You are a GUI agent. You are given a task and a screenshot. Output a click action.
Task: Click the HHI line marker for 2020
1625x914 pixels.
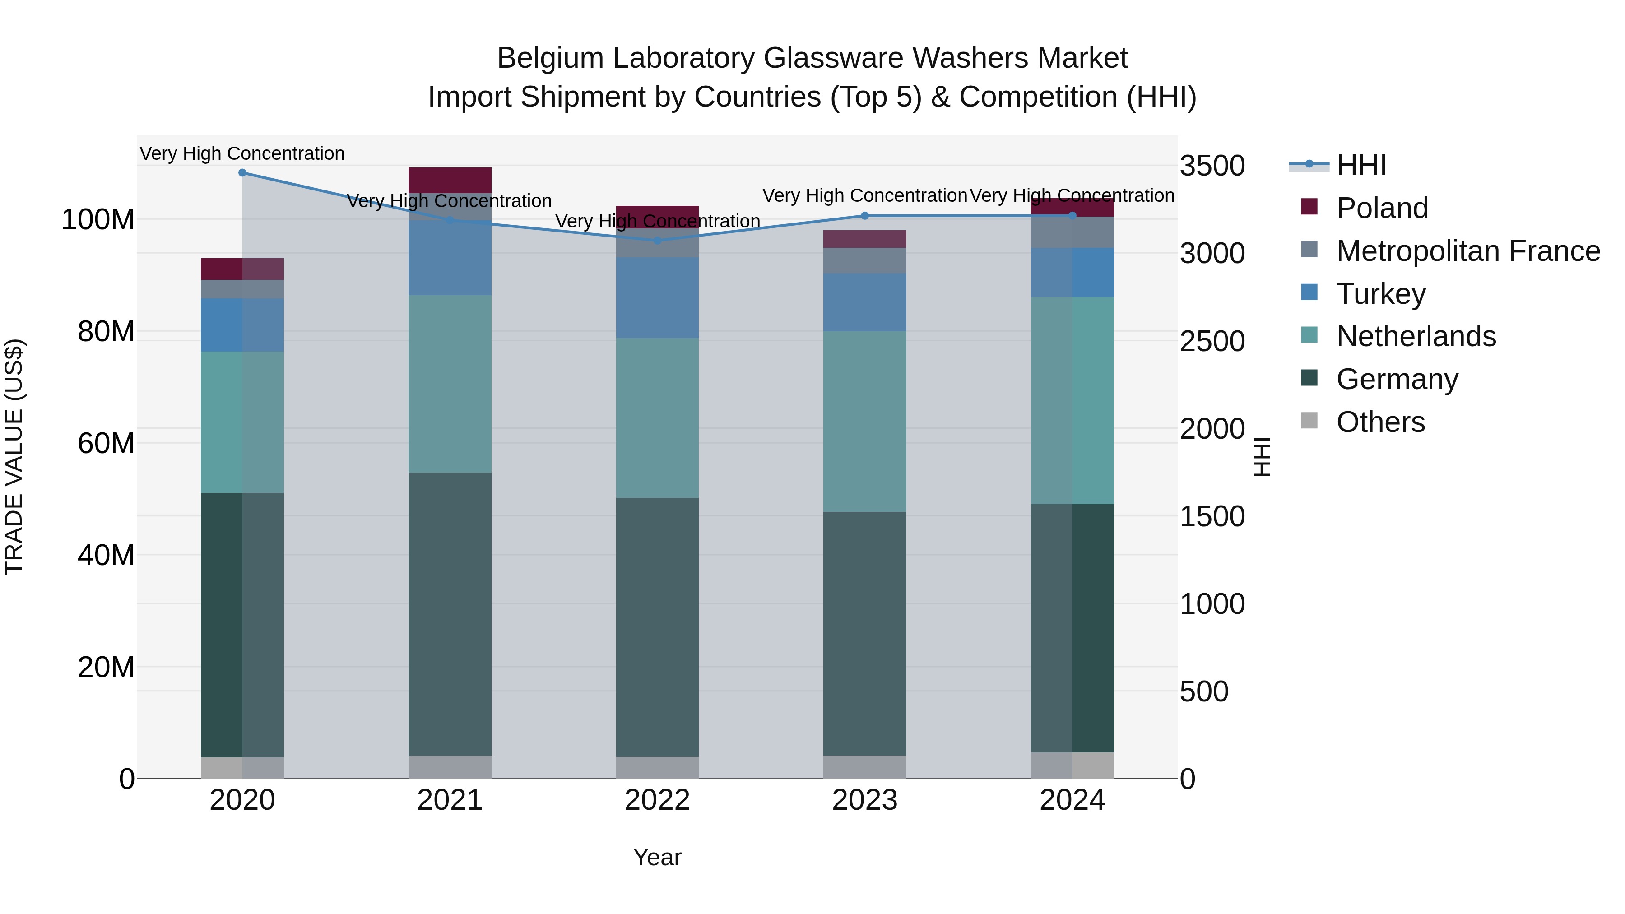tap(242, 173)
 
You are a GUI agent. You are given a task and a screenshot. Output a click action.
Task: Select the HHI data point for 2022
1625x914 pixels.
tap(657, 240)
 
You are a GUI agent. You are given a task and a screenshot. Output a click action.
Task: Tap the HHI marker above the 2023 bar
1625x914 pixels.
tap(865, 216)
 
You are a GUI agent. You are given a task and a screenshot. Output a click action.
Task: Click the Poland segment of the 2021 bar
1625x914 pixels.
tap(450, 180)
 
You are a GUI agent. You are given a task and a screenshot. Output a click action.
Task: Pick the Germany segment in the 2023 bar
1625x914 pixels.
tap(865, 633)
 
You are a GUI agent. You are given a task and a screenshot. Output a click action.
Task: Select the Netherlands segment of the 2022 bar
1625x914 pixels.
tap(657, 418)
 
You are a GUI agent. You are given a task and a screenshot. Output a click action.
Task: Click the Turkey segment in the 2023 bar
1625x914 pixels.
tap(865, 302)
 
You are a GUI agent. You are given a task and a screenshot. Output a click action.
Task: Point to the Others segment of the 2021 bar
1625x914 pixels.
tap(450, 767)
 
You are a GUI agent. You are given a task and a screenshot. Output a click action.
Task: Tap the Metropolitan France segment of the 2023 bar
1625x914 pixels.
tap(865, 260)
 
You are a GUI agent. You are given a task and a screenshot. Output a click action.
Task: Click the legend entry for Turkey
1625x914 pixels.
tap(1380, 294)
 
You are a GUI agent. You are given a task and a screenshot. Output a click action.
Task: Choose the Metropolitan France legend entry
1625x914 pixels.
tap(1467, 251)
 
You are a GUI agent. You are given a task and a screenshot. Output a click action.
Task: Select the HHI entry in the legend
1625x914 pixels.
tap(1360, 165)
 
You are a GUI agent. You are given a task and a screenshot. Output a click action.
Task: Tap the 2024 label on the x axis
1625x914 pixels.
tap(1072, 800)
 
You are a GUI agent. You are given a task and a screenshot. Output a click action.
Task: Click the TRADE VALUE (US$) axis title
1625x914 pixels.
tap(14, 457)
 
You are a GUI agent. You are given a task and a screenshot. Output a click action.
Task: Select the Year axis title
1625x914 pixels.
tap(657, 857)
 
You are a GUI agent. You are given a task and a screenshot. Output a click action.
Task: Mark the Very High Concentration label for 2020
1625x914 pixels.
tap(242, 153)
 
